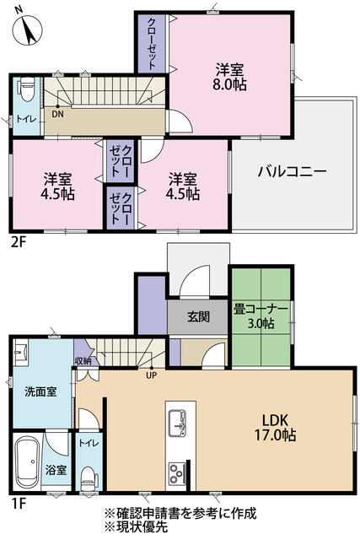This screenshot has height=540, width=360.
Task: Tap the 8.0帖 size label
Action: click(x=229, y=84)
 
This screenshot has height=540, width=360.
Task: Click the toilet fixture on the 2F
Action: click(x=25, y=89)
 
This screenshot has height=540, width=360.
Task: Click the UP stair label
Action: click(x=153, y=375)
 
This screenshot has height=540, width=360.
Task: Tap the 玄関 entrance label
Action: click(x=198, y=317)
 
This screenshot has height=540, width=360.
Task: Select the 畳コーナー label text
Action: click(x=261, y=309)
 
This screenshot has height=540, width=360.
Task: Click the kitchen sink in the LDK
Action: click(x=180, y=420)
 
